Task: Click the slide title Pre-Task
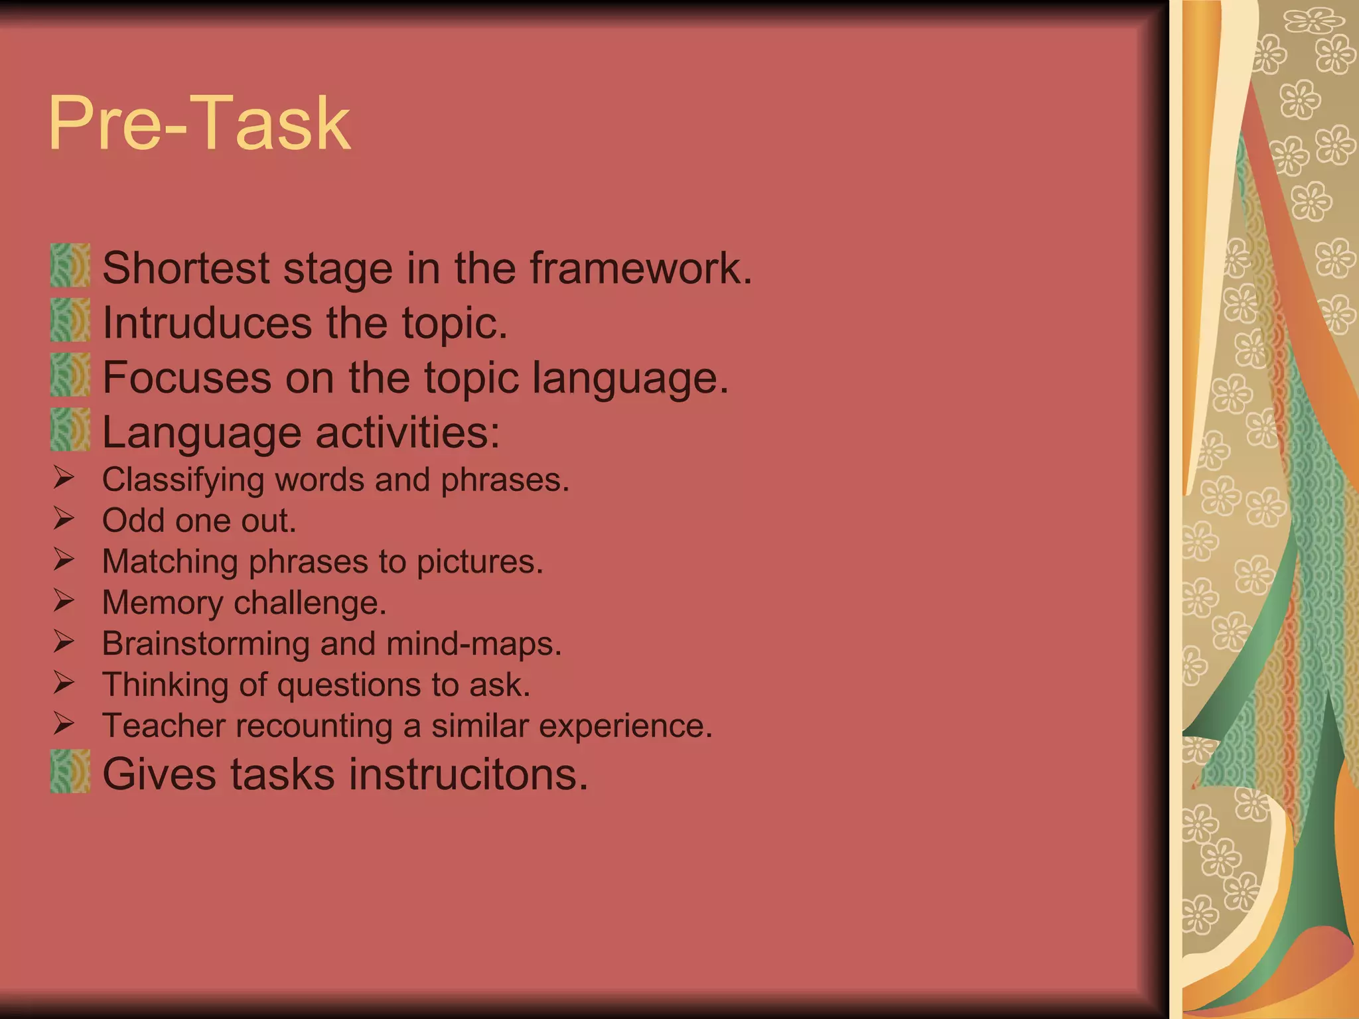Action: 199,123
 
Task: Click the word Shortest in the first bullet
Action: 186,268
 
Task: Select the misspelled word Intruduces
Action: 207,323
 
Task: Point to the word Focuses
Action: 186,377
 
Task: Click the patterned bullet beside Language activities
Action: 70,430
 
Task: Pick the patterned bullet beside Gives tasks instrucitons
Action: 70,772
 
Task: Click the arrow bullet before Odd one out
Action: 64,518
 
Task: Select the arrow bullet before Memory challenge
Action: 64,600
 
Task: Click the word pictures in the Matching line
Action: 479,562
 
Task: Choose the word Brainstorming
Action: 206,644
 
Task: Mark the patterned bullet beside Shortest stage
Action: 70,265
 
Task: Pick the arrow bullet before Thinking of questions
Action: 64,682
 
